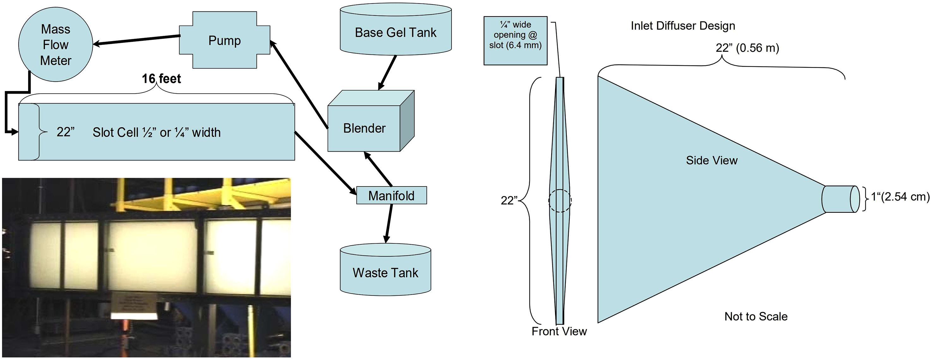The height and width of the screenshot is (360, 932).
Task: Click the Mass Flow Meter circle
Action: pos(56,45)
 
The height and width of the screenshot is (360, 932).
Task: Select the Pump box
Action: pos(225,40)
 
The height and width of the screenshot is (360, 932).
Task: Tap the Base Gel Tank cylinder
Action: pos(396,30)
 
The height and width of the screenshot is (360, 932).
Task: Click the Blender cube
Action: pos(371,121)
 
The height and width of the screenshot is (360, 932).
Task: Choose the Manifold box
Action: pos(391,195)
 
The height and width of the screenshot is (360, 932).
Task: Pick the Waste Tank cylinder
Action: pos(385,270)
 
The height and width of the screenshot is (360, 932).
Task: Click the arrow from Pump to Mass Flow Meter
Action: pos(137,40)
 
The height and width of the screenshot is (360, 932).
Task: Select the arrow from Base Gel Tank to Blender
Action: pos(387,73)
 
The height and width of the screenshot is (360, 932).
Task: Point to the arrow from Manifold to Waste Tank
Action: pos(389,223)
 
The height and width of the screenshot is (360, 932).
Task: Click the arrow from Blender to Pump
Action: pos(299,84)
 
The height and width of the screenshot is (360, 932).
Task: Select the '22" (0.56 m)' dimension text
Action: pos(747,48)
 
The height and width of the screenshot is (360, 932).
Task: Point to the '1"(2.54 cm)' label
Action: pos(900,197)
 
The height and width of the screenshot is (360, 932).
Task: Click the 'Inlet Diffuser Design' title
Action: pos(683,26)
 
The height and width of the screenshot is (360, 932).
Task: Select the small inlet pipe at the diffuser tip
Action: pos(840,199)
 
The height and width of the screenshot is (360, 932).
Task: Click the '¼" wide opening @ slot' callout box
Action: pos(516,40)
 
